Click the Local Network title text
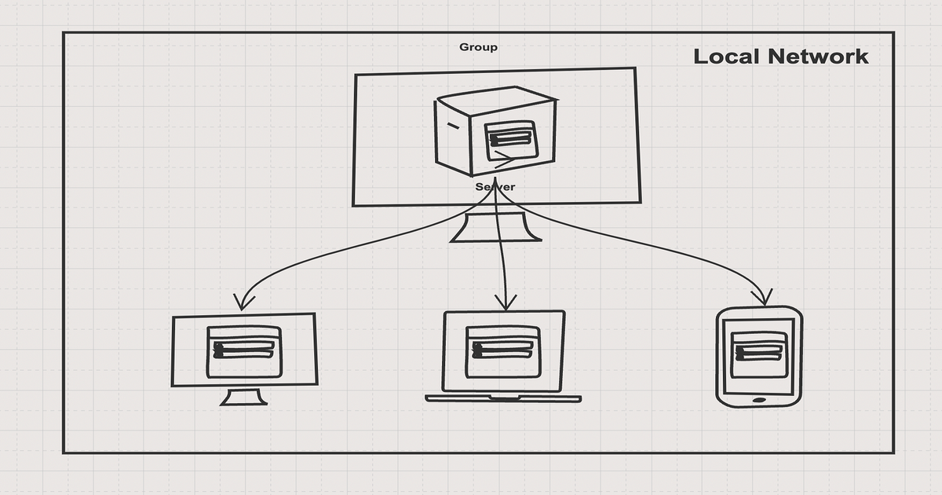point(781,57)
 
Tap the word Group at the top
point(478,47)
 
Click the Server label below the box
point(495,187)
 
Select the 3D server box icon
point(496,131)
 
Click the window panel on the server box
point(510,140)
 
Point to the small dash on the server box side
point(452,126)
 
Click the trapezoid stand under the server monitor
point(495,228)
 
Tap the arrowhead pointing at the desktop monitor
point(243,302)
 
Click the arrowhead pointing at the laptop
point(505,302)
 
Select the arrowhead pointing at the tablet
point(761,298)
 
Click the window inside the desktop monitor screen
point(244,351)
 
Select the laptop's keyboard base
point(503,398)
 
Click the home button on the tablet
point(759,401)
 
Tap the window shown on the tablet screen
point(759,354)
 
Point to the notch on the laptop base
point(503,399)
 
